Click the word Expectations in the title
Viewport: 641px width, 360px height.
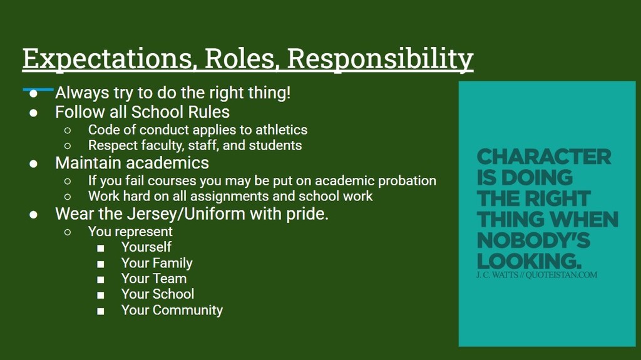point(108,58)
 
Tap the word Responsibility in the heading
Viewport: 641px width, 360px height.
point(380,58)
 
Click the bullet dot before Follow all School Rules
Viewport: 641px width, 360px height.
point(34,113)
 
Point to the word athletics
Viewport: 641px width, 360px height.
point(281,130)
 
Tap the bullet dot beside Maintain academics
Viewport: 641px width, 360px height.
point(34,163)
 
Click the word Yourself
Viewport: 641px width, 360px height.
point(146,247)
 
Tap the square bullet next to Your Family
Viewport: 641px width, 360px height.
point(101,264)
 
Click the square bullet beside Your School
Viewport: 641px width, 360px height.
point(101,295)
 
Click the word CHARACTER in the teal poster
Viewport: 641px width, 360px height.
point(544,157)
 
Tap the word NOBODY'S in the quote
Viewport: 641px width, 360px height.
point(533,240)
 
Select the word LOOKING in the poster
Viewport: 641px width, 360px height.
point(529,261)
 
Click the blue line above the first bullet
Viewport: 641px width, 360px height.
point(38,89)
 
